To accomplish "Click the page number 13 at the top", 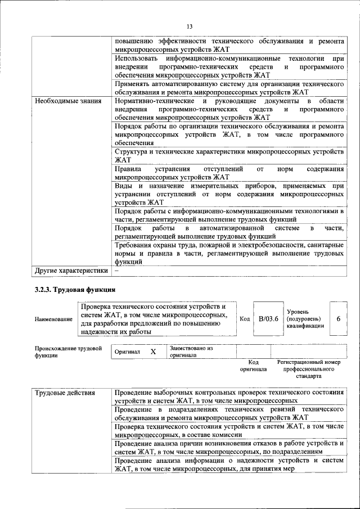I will pyautogui.click(x=190, y=26).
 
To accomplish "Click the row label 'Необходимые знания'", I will pyautogui.click(x=67, y=101).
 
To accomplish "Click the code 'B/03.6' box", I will pyautogui.click(x=268, y=319).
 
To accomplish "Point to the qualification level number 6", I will pyautogui.click(x=338, y=319).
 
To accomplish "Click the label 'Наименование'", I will pyautogui.click(x=53, y=319).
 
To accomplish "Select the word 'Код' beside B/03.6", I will pyautogui.click(x=245, y=319).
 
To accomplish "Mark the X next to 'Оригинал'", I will pyautogui.click(x=152, y=352).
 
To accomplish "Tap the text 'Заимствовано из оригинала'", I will pyautogui.click(x=191, y=352).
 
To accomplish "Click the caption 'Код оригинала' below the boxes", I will pyautogui.click(x=254, y=366).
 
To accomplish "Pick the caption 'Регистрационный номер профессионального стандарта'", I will pyautogui.click(x=309, y=369).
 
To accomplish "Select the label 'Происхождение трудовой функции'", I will pyautogui.click(x=68, y=352).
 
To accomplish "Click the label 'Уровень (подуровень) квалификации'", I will pyautogui.click(x=305, y=318).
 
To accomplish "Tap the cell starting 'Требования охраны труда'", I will pyautogui.click(x=229, y=254).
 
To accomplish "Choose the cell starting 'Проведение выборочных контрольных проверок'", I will pyautogui.click(x=229, y=396).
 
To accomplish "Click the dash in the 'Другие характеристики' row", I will pyautogui.click(x=116, y=271).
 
